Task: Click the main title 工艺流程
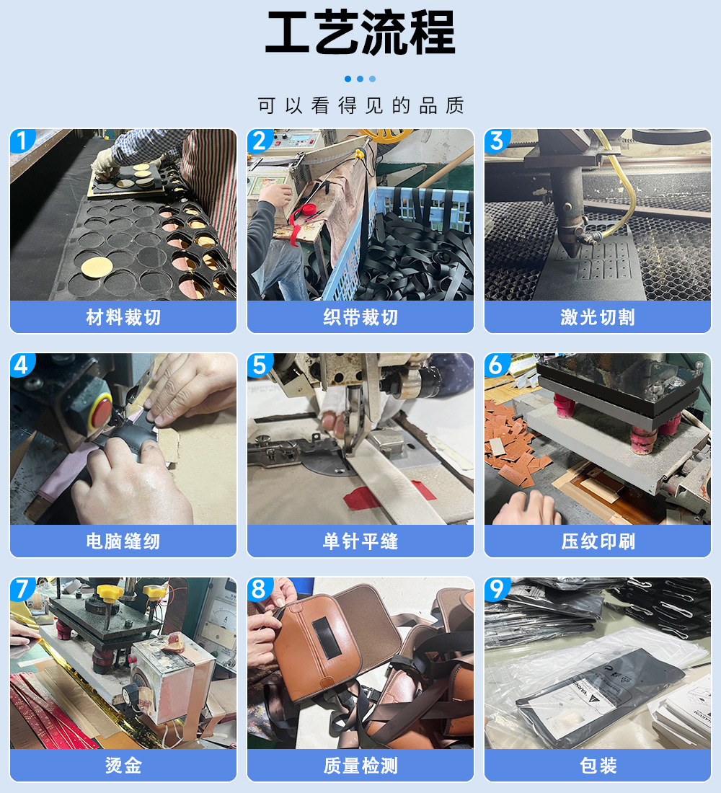(x=360, y=33)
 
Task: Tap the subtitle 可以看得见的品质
(x=360, y=106)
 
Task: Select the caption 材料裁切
(x=123, y=317)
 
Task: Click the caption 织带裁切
(x=360, y=317)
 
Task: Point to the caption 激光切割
(x=598, y=317)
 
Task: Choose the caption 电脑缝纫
(x=123, y=541)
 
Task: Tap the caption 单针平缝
(x=360, y=541)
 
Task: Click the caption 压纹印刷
(x=598, y=541)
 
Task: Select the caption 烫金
(x=123, y=765)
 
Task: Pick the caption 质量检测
(x=360, y=765)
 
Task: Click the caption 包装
(x=598, y=765)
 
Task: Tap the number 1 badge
(x=22, y=141)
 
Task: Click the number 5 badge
(x=259, y=365)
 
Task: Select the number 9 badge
(x=496, y=589)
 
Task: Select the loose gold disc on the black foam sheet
(x=97, y=267)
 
